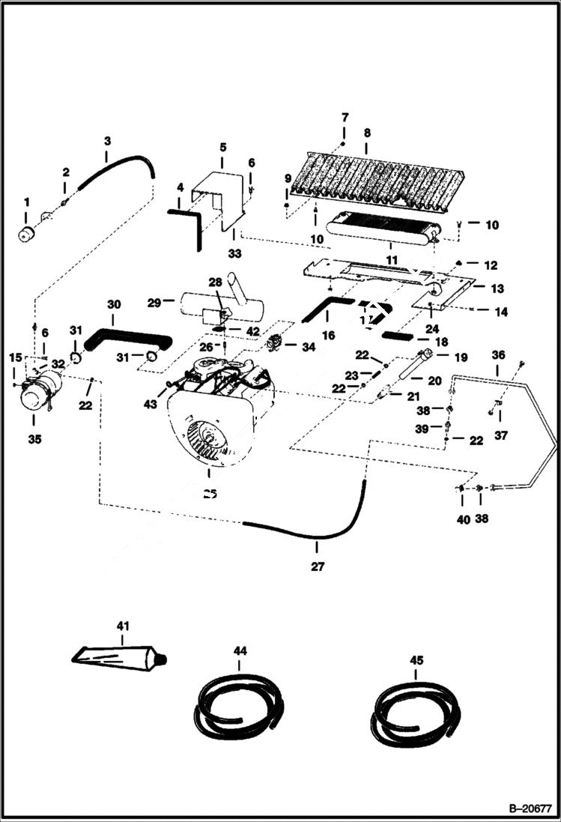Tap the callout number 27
[318, 566]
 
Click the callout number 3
[107, 140]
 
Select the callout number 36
[498, 354]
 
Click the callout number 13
[498, 288]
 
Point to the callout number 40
[463, 519]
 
